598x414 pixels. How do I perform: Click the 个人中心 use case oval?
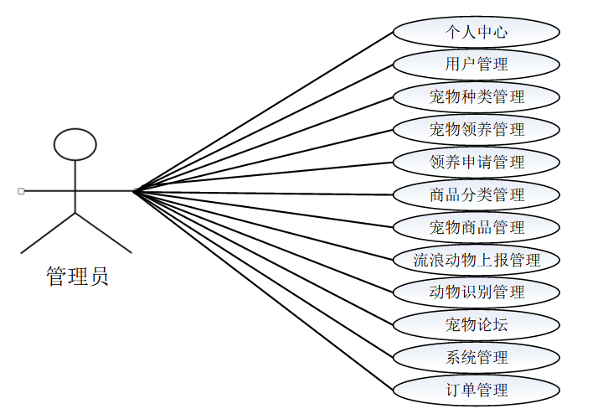pos(477,32)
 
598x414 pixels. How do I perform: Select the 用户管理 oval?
pos(477,65)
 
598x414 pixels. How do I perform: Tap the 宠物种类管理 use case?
pos(477,97)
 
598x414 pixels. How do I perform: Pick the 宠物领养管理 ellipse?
pos(477,130)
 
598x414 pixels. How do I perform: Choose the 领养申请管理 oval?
pos(477,162)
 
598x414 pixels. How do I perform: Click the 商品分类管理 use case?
pos(477,194)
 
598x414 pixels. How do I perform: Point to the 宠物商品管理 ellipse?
pos(477,227)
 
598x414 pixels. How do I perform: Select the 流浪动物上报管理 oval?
pos(477,260)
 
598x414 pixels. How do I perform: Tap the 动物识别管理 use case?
pos(477,292)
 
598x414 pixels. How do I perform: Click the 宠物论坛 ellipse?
pos(477,324)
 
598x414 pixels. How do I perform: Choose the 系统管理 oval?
pos(477,357)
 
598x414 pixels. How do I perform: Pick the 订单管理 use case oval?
pos(477,390)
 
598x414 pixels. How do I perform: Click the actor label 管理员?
pos(77,277)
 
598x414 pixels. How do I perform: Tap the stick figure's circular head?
pos(75,144)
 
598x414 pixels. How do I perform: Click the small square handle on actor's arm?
pos(21,191)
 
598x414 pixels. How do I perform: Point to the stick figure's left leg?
pos(49,233)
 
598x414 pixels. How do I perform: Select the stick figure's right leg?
pos(104,233)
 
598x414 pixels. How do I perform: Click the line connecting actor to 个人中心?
pos(263,111)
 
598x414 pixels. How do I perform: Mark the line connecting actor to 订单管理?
pos(263,290)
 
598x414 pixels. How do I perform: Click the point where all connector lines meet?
pos(133,191)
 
